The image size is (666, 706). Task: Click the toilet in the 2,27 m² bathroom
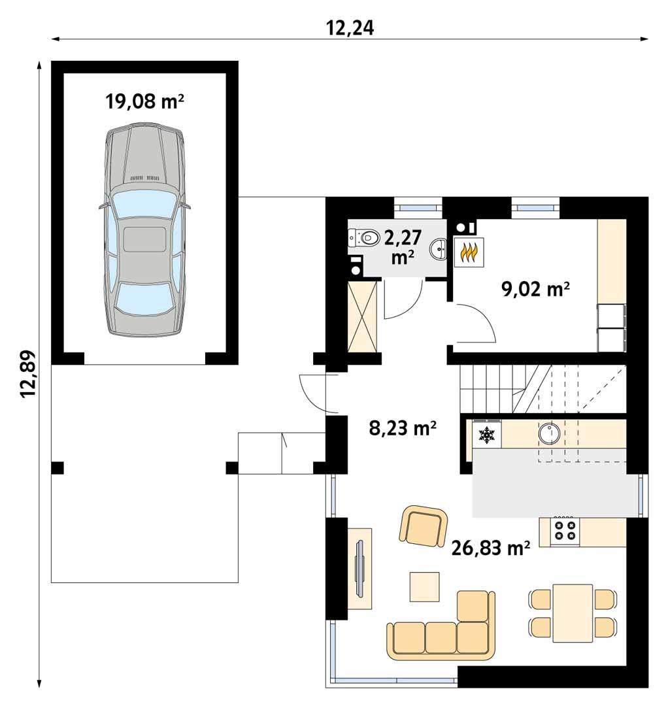pyautogui.click(x=366, y=237)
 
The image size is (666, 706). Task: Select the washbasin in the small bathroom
pyautogui.click(x=439, y=248)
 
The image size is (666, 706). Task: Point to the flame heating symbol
pyautogui.click(x=469, y=252)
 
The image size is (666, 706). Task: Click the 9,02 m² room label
pyautogui.click(x=533, y=288)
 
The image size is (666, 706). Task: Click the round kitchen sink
pyautogui.click(x=548, y=433)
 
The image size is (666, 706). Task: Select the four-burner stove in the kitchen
pyautogui.click(x=565, y=531)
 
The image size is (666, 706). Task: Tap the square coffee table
pyautogui.click(x=425, y=586)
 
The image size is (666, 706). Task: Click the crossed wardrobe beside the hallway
pyautogui.click(x=363, y=316)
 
